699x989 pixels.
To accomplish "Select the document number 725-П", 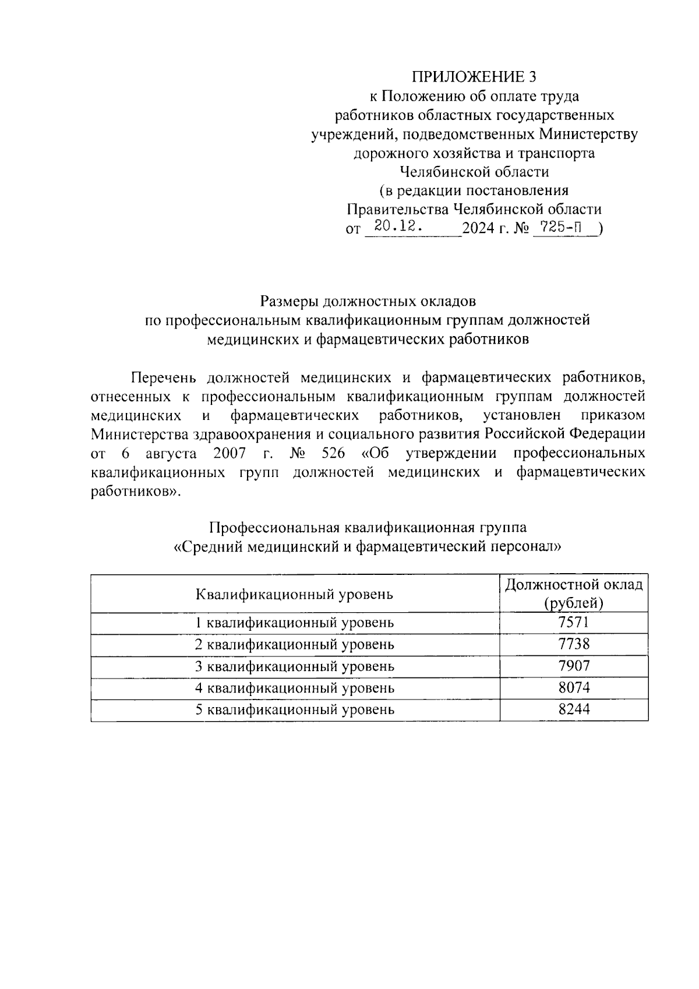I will (558, 227).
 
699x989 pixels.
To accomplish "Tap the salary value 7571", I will (574, 622).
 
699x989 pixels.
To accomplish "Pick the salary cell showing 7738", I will (574, 644).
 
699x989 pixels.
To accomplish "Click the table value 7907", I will (574, 666).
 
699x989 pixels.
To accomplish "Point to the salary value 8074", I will (574, 688).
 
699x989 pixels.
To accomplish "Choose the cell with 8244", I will (574, 709).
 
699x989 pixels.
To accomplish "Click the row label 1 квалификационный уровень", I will (295, 623).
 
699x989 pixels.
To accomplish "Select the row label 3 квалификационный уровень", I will (295, 666).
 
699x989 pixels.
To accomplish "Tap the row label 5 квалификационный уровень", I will (295, 710).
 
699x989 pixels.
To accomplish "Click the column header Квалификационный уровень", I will (295, 595).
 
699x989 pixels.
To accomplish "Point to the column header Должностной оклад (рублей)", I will (574, 594).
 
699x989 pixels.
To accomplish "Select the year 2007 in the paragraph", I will (230, 453).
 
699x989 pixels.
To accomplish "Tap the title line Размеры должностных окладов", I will (368, 302).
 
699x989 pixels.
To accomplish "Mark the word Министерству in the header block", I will (588, 135).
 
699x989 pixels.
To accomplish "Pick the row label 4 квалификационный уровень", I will (295, 688).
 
